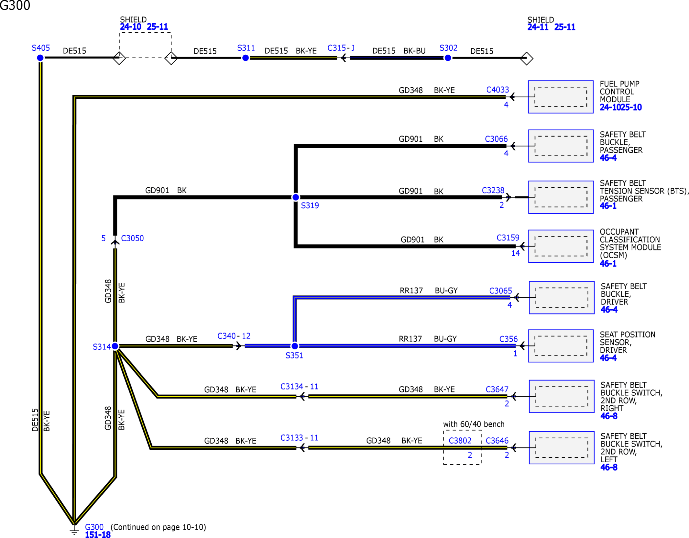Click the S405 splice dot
[40, 58]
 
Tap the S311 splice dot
[246, 58]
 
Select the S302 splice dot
[448, 58]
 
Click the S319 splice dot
[296, 197]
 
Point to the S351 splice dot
[295, 346]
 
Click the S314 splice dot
[115, 346]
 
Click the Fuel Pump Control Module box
[561, 97]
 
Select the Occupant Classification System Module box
[561, 246]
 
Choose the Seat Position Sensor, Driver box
[561, 346]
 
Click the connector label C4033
[498, 90]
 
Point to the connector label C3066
[496, 139]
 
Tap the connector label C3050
[132, 238]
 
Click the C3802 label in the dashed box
[460, 440]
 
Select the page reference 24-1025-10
[621, 107]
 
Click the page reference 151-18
[98, 534]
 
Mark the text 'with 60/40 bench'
[474, 424]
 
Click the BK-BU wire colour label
[414, 51]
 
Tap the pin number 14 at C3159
[515, 253]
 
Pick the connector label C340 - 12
[234, 336]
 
